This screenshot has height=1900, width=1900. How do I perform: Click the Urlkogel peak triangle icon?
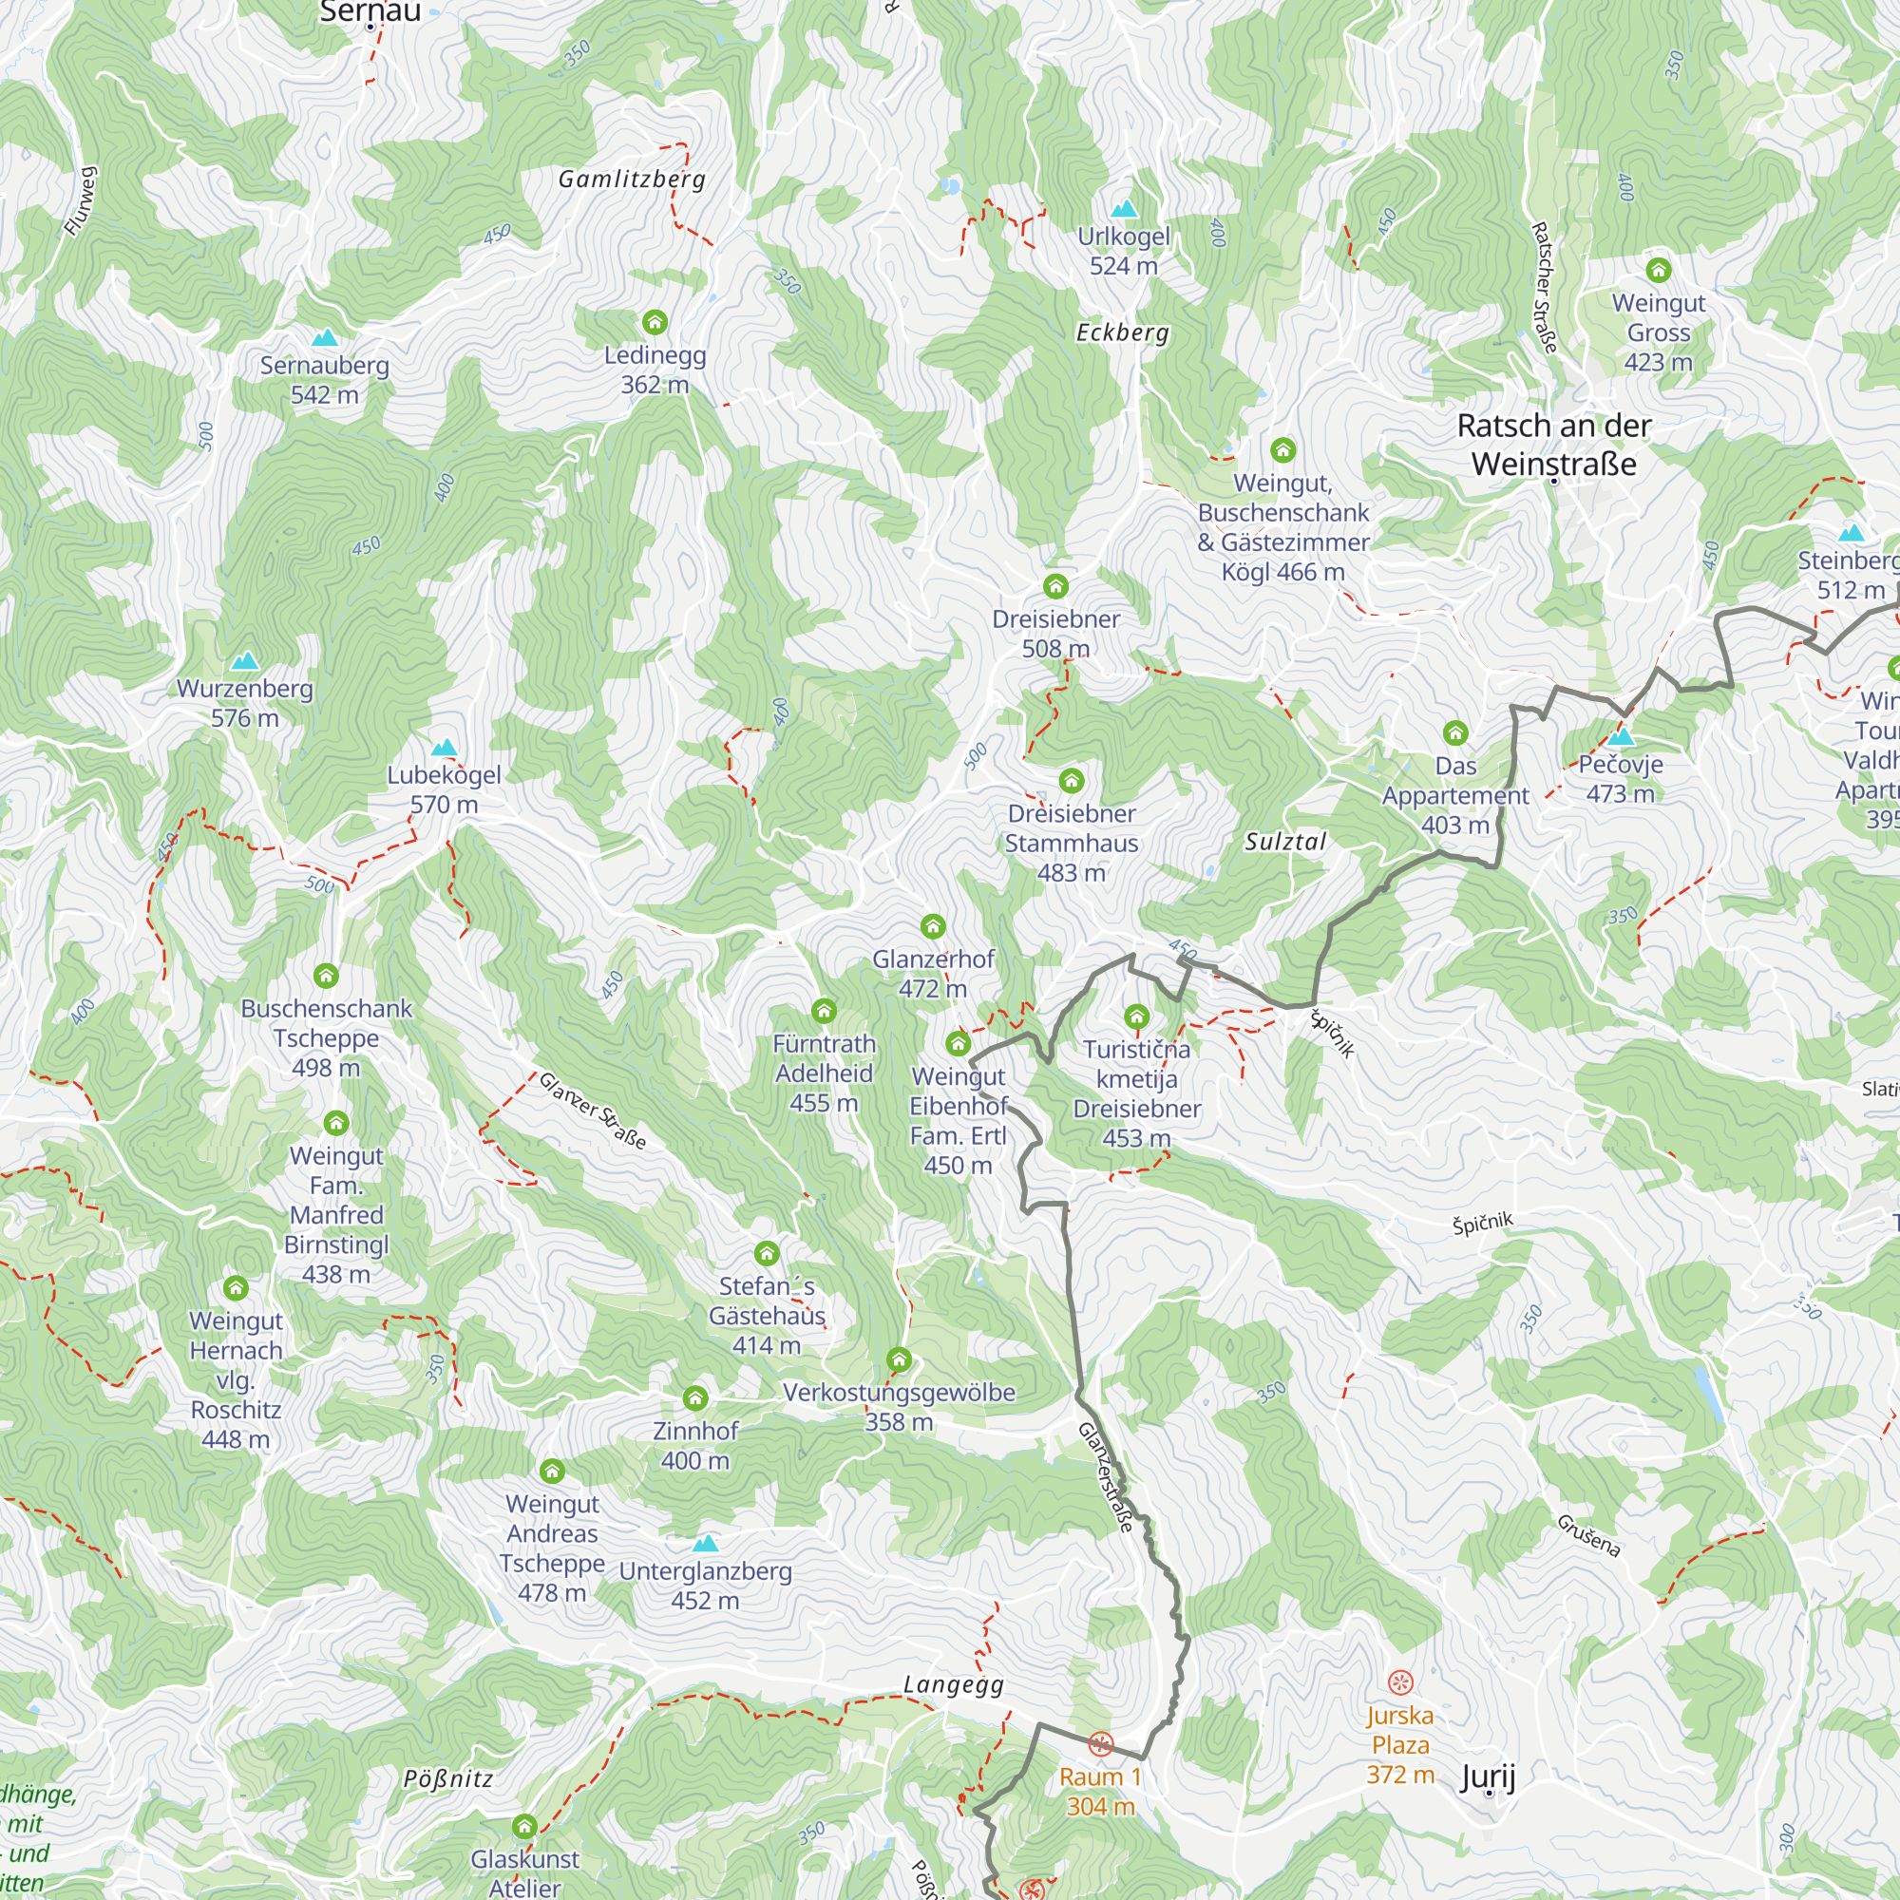pos(1123,208)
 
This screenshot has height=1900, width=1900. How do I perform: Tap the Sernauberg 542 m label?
pos(325,380)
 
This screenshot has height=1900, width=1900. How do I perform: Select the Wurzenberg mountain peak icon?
pos(245,660)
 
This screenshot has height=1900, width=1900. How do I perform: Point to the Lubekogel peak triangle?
pos(445,748)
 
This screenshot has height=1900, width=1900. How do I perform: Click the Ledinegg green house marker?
pos(655,322)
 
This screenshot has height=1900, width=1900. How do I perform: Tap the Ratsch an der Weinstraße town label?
pos(1554,445)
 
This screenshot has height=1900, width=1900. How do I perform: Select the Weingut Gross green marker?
pos(1658,270)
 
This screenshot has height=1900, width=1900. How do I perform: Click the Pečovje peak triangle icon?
pos(1621,736)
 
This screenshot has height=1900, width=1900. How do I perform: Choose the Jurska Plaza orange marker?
pos(1400,1681)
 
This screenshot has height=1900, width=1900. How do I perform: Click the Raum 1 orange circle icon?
pos(1100,1744)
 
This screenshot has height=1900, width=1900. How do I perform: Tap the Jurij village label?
pos(1488,1776)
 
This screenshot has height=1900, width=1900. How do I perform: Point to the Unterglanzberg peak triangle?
pos(705,1543)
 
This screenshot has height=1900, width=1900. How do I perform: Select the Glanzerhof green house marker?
pos(932,926)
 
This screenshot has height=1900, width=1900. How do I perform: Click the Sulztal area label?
pos(1285,842)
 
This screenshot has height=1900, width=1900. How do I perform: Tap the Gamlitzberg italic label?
pos(633,179)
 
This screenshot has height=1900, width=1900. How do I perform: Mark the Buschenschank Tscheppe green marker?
pos(326,976)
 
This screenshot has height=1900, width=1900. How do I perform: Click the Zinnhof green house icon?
pos(695,1398)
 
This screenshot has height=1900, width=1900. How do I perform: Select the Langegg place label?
pos(954,1684)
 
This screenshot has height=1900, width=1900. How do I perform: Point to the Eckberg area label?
pos(1122,332)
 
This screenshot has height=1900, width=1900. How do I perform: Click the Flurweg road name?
pos(81,201)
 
